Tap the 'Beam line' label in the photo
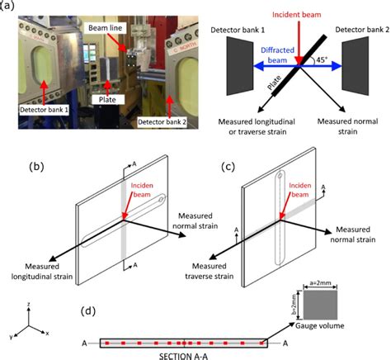click(x=105, y=28)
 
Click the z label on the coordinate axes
click(x=26, y=306)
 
